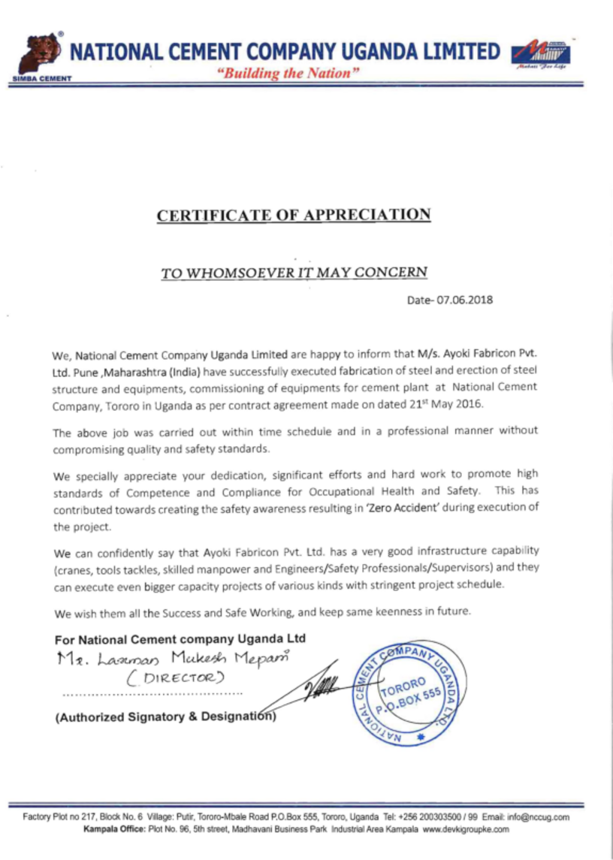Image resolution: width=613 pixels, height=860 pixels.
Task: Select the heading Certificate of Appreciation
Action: [294, 215]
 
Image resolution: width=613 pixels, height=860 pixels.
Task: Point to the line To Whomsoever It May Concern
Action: [294, 272]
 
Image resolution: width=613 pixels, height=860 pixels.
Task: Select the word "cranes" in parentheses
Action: [74, 568]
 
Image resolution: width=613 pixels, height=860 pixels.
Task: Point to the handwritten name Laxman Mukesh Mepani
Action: [173, 659]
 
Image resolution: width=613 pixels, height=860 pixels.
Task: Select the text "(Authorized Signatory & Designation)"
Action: [165, 717]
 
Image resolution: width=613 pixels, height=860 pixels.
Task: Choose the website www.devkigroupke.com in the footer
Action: [466, 829]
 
